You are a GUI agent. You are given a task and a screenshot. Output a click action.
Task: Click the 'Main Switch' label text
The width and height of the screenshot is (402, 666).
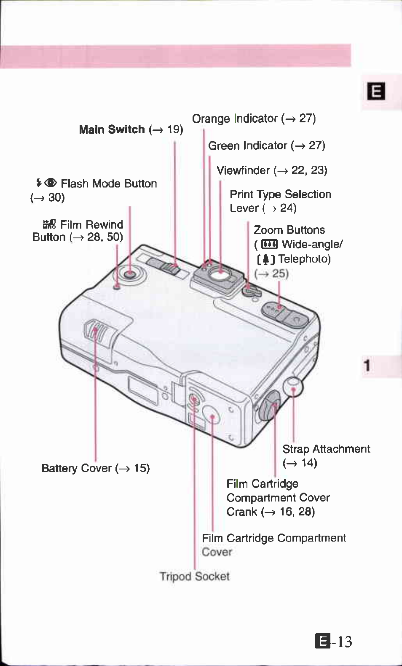pos(112,129)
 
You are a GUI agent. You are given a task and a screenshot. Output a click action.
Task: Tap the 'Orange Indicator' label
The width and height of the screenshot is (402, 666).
pos(235,119)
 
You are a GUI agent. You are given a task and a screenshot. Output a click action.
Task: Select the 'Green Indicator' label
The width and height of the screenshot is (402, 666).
pos(247,146)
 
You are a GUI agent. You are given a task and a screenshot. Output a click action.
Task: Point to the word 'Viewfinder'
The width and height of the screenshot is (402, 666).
pos(243,170)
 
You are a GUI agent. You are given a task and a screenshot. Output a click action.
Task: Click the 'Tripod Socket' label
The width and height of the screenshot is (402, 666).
pos(194,576)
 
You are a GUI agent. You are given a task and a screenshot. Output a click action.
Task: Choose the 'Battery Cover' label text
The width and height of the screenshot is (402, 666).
pos(76,468)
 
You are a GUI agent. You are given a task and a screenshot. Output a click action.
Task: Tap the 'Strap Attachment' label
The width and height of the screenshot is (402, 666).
pos(326,449)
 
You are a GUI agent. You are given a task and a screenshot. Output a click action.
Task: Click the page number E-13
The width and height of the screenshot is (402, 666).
pos(334,642)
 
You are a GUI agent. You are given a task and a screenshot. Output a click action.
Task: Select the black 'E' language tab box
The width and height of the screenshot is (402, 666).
pos(376,91)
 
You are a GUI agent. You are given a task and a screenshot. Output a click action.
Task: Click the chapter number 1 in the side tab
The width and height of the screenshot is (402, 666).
pos(367,365)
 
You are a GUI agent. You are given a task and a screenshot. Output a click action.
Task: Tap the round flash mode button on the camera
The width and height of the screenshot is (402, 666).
pos(130,274)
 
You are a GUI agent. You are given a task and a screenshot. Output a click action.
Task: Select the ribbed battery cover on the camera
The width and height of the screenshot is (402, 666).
pos(98,332)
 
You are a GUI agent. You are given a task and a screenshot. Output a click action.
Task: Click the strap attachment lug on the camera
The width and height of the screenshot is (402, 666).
pos(293,386)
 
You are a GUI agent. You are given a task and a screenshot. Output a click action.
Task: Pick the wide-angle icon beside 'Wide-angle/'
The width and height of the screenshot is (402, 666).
pos(269,245)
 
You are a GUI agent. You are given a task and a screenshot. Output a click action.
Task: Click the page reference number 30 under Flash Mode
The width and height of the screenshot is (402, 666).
pos(56,198)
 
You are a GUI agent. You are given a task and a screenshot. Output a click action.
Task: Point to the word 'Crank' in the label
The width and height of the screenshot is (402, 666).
pos(241,512)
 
